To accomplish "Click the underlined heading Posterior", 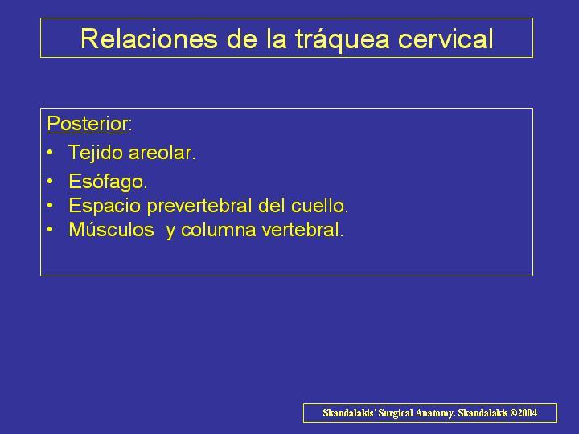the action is point(87,123).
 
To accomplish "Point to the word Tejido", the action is point(96,153).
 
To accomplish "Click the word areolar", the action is point(162,153).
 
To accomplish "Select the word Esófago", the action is point(108,182).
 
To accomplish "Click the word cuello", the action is point(319,206).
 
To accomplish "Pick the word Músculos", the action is point(111,230).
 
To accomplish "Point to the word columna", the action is point(218,230).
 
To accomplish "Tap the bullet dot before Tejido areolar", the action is point(50,153).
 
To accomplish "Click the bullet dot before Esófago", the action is point(50,182).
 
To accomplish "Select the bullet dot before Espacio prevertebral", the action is point(50,206).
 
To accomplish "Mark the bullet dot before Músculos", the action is point(50,230).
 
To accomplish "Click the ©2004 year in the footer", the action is point(524,412).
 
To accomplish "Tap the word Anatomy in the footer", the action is point(436,413).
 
